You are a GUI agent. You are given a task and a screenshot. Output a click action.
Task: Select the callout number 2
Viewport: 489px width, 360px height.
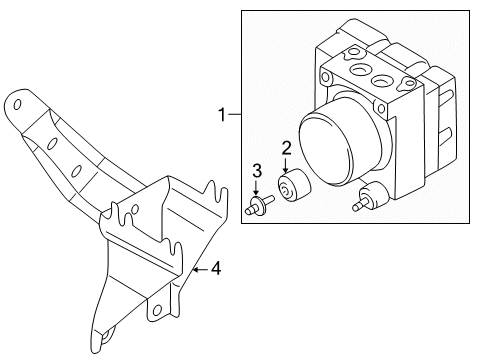[286, 149]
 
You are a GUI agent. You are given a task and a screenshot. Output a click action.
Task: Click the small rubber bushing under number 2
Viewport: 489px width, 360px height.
[294, 187]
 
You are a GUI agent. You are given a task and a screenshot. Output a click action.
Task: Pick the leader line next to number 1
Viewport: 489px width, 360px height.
[237, 116]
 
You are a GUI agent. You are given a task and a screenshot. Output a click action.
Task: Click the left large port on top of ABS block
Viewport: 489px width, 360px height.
[357, 70]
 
